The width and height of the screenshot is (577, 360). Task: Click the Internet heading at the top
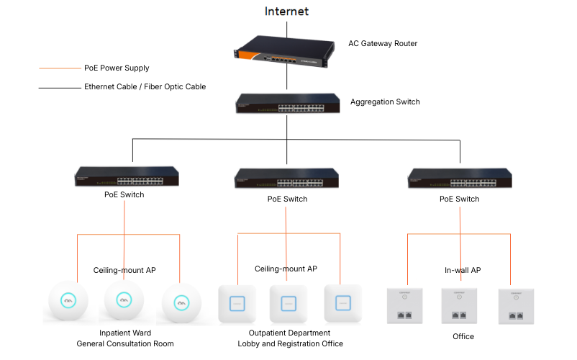(x=286, y=11)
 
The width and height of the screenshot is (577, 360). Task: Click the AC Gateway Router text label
(x=383, y=44)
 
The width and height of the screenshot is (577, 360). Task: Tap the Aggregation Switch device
(x=287, y=103)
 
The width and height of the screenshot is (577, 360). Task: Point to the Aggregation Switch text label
(x=385, y=102)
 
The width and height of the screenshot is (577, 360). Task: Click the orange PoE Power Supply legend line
(x=60, y=68)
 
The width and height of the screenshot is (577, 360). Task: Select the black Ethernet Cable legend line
(x=60, y=87)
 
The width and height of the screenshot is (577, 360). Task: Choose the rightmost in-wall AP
(x=516, y=305)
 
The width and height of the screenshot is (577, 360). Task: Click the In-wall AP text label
(x=463, y=270)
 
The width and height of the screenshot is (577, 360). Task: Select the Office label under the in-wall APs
(x=463, y=336)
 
